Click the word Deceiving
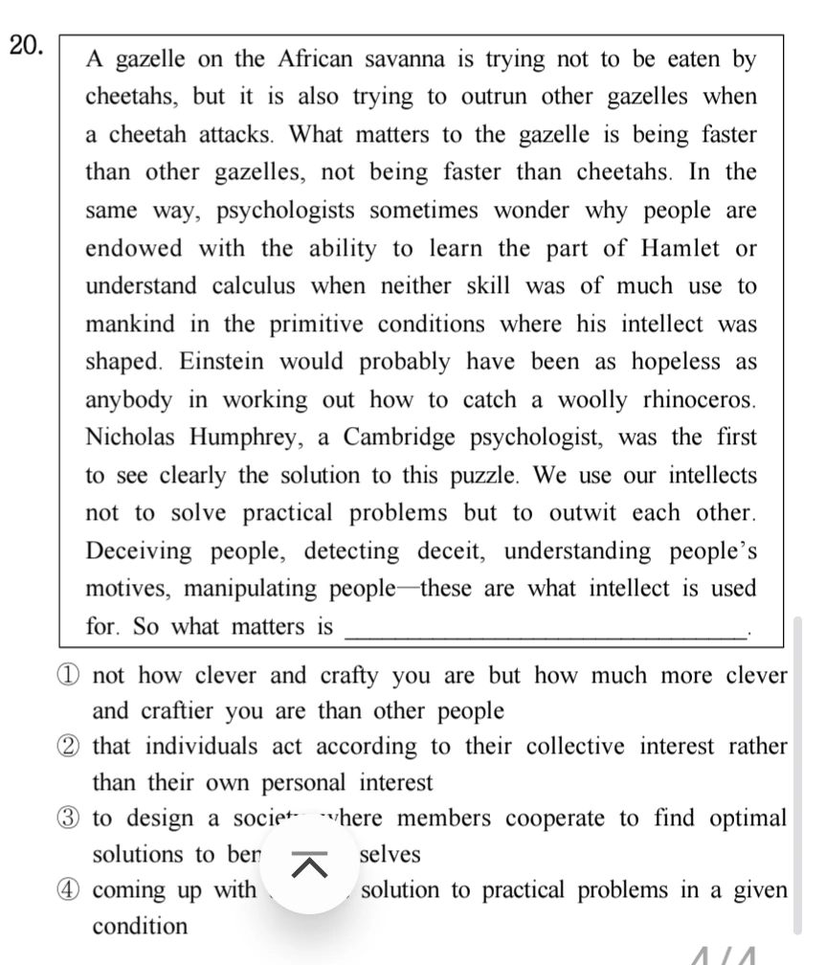(139, 551)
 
